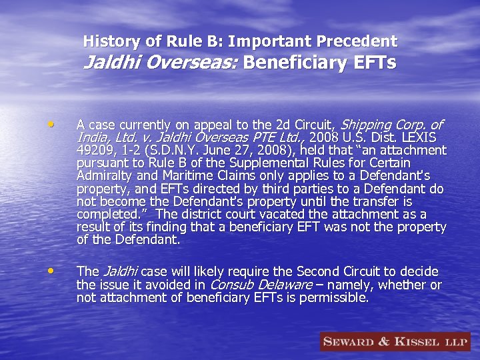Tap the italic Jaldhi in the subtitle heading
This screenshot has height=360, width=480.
[x=107, y=63]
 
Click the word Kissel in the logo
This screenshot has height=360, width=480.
[x=419, y=342]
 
